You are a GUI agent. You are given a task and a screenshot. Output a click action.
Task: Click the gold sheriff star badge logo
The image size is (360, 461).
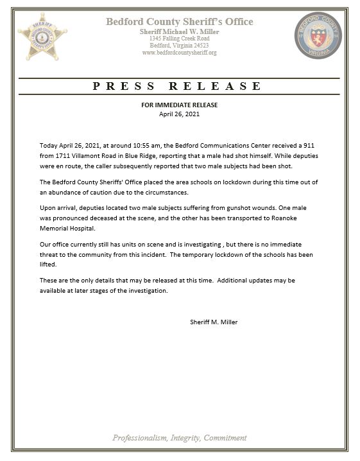coord(42,35)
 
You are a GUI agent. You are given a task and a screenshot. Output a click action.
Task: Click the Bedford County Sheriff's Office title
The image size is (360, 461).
coord(180,22)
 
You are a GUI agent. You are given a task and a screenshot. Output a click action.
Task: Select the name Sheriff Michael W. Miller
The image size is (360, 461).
coord(179,31)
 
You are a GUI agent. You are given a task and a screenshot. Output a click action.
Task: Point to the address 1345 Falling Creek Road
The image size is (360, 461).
coord(179,39)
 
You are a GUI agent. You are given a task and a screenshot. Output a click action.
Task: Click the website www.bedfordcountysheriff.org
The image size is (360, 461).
coord(179,53)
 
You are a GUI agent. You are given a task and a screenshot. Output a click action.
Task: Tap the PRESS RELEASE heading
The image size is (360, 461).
coord(177,85)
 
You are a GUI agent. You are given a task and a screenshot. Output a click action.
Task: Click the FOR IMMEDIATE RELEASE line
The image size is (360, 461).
coord(180,105)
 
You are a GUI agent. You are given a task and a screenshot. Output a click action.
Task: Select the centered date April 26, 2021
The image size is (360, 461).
coord(180,114)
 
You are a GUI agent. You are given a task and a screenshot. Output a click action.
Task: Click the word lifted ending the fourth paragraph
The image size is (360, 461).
coord(49,264)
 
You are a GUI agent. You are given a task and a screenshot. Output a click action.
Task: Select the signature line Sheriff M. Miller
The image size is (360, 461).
coord(214,322)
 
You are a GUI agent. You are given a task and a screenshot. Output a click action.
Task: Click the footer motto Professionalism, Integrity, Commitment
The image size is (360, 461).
coord(180,438)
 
